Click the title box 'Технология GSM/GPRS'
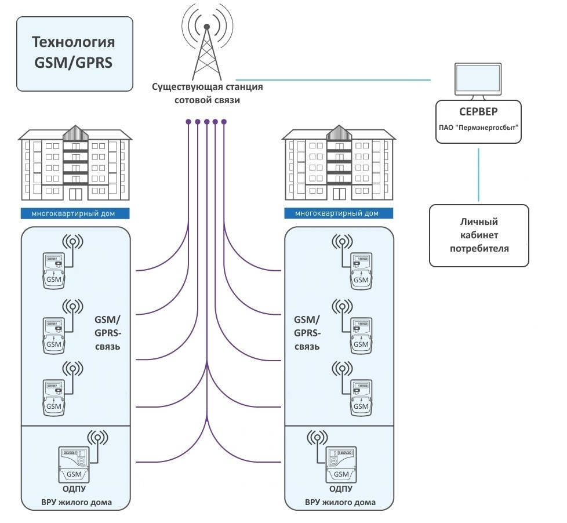[75, 53]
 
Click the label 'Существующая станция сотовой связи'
[207, 93]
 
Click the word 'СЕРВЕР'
[478, 111]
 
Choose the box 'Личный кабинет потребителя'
[479, 235]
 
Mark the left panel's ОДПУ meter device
[74, 464]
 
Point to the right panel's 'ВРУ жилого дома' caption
[340, 502]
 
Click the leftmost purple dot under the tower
[189, 122]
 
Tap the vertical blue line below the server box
[478, 174]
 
